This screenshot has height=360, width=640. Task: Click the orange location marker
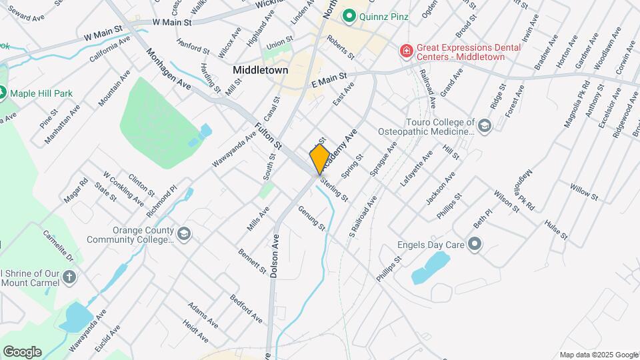[x=320, y=159]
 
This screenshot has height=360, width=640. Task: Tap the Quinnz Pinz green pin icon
[x=348, y=15]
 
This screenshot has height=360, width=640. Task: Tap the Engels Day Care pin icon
[x=475, y=245]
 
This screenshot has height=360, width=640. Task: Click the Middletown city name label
[x=261, y=69]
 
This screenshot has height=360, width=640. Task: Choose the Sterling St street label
[x=333, y=189]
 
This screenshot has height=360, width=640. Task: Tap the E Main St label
[x=330, y=81]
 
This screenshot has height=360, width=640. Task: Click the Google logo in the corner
[x=22, y=352]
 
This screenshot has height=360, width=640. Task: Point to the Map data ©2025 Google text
[x=598, y=355]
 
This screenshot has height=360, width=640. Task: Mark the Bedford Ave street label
[x=246, y=305]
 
